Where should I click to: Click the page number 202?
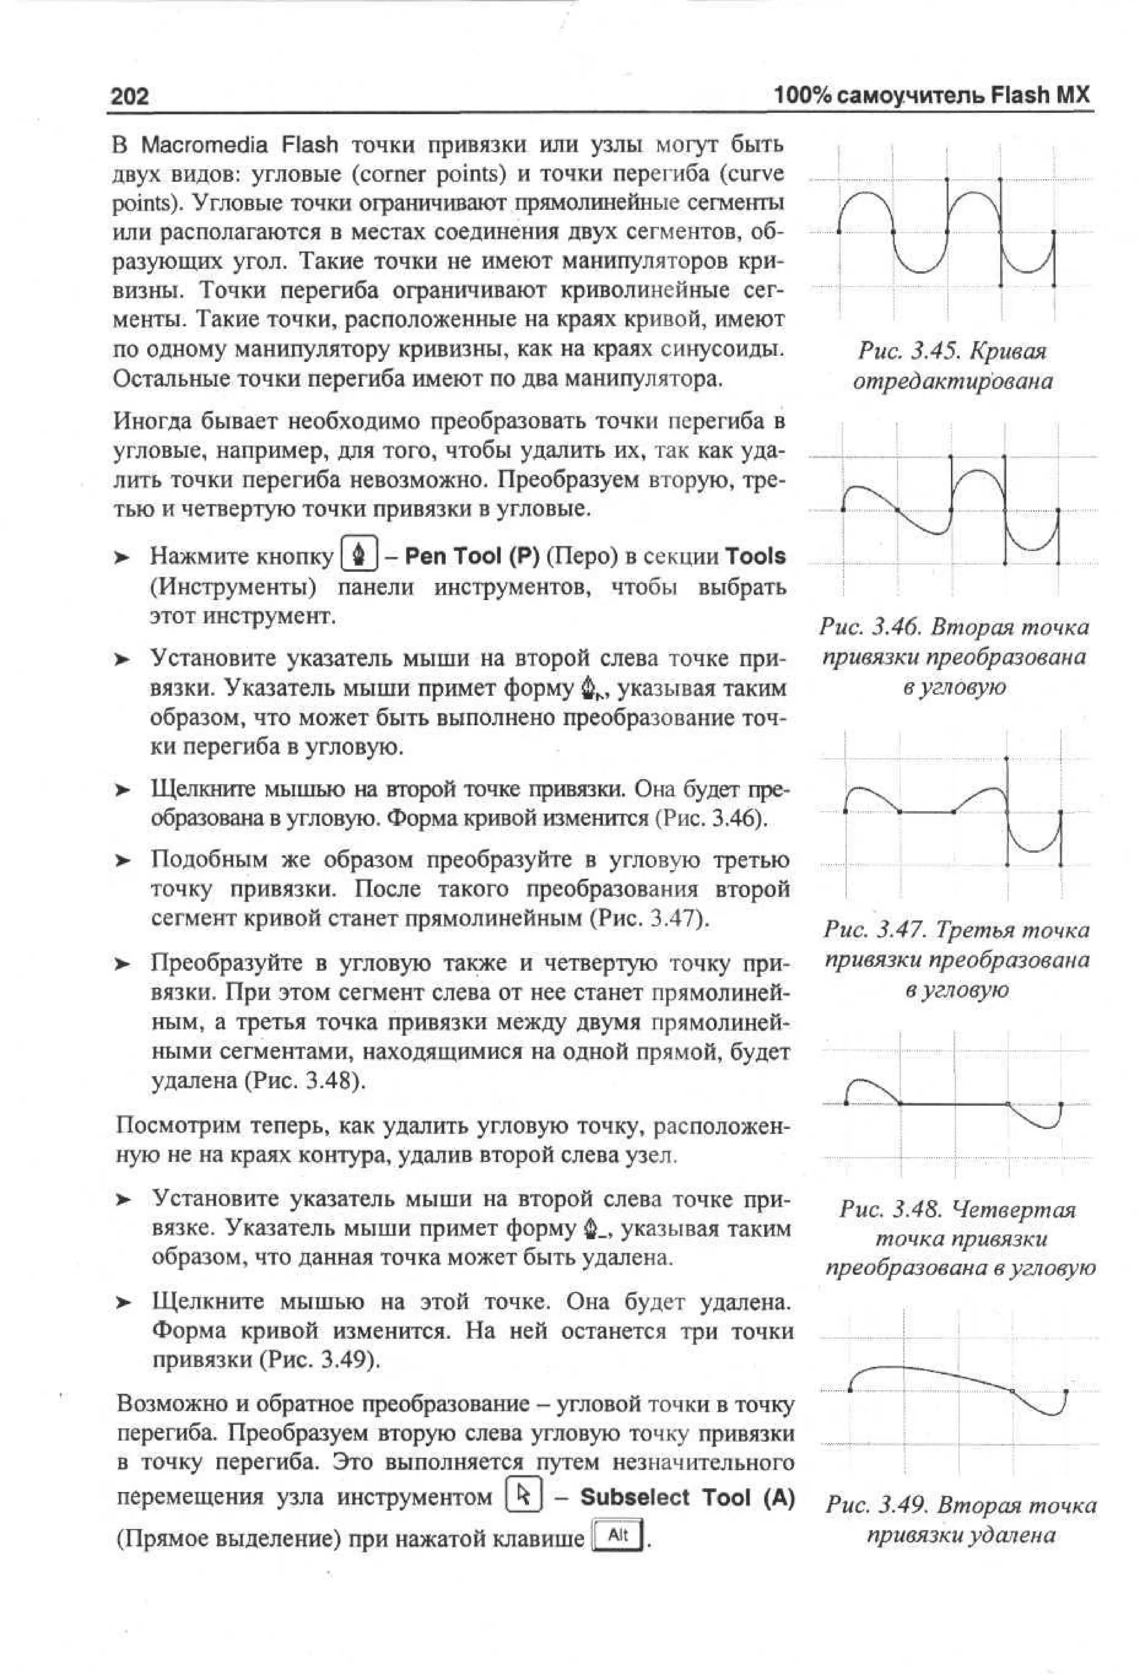pyautogui.click(x=130, y=96)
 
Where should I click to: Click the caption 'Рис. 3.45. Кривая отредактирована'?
pyautogui.click(x=952, y=366)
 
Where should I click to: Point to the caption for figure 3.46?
pyautogui.click(x=954, y=656)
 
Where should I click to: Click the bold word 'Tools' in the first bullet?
pyautogui.click(x=755, y=556)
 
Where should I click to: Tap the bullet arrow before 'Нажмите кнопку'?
pyautogui.click(x=123, y=557)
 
